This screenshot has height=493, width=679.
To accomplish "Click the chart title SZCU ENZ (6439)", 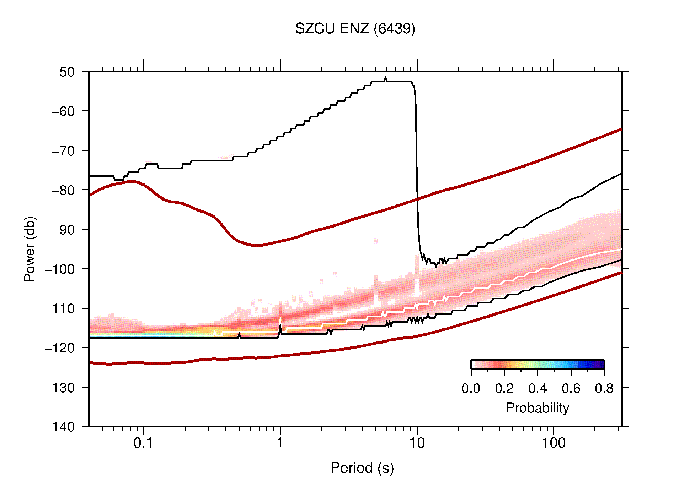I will [x=355, y=29].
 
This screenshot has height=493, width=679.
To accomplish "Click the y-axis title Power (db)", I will [x=30, y=249].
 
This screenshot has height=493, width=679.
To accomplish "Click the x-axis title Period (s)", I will [x=362, y=468].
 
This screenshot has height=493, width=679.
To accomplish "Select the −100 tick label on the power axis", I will [x=60, y=269].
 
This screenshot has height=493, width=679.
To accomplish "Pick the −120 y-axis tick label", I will [x=60, y=348].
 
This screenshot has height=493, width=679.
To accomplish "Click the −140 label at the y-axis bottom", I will [x=60, y=427].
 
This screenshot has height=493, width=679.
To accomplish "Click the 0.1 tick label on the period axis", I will [x=143, y=443].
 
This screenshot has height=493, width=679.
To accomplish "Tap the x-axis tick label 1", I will [x=280, y=443].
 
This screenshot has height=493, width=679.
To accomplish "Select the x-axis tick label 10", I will [x=417, y=443].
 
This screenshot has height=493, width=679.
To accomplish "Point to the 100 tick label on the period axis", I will [x=553, y=443].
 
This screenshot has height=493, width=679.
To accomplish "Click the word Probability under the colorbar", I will [x=537, y=408].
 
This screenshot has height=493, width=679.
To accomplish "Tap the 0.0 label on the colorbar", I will [x=471, y=389].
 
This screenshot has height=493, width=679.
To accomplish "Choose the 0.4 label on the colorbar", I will [x=538, y=389].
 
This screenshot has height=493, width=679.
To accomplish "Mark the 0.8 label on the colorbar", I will [x=604, y=389].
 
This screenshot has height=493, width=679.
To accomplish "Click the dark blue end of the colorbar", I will [x=600, y=364].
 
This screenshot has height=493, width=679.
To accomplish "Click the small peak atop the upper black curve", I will [x=386, y=78].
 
